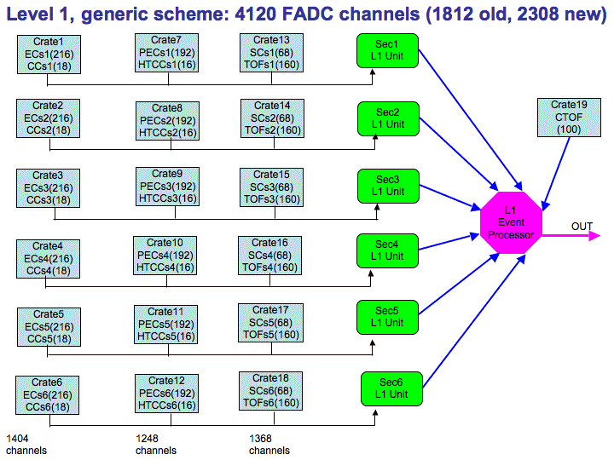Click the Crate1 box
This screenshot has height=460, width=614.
coord(49,55)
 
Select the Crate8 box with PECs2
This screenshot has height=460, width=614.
coord(168,121)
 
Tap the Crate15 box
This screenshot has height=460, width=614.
coord(271,187)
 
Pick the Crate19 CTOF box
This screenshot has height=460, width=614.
coord(569,118)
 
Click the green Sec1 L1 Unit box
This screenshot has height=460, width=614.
coord(387,50)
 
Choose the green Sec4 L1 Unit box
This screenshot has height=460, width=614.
coord(387,250)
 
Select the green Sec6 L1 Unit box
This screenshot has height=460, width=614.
coord(391,388)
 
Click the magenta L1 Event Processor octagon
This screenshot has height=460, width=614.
coord(511,222)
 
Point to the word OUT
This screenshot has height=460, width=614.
coord(582,227)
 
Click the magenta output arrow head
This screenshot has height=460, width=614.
coord(595,235)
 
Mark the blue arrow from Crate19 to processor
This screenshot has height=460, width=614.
coord(556,174)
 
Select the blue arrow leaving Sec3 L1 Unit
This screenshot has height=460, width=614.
coord(450,198)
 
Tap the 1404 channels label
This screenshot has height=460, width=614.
coord(26,445)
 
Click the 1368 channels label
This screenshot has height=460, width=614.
coord(269,445)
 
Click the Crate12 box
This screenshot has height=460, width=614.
coord(166,394)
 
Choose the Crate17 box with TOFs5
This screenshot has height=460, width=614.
coord(270,323)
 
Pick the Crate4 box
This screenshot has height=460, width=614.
coord(48,259)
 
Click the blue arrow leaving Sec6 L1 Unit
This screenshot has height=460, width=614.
coord(474,321)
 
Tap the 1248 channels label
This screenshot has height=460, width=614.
coord(156,445)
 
